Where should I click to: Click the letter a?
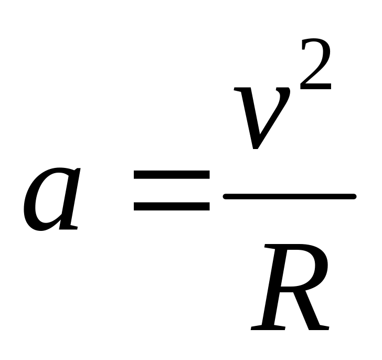pos(51,199)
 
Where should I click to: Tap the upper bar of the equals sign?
pos(172,175)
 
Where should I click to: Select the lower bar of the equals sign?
pos(172,206)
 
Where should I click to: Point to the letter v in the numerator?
pos(262,118)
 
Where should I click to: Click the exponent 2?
pos(315,64)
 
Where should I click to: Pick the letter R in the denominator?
pos(290,287)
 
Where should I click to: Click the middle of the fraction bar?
pos(290,196)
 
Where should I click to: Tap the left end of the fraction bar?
pos(224,196)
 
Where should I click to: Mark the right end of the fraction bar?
pos(355,196)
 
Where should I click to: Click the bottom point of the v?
pos(255,148)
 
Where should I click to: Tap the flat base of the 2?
pos(315,87)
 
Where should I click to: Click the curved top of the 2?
pos(315,41)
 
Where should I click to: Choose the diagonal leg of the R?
pos(307,309)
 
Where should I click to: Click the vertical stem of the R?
pos(275,287)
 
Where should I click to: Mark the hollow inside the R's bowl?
pos(299,268)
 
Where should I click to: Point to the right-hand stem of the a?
pos(70,199)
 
